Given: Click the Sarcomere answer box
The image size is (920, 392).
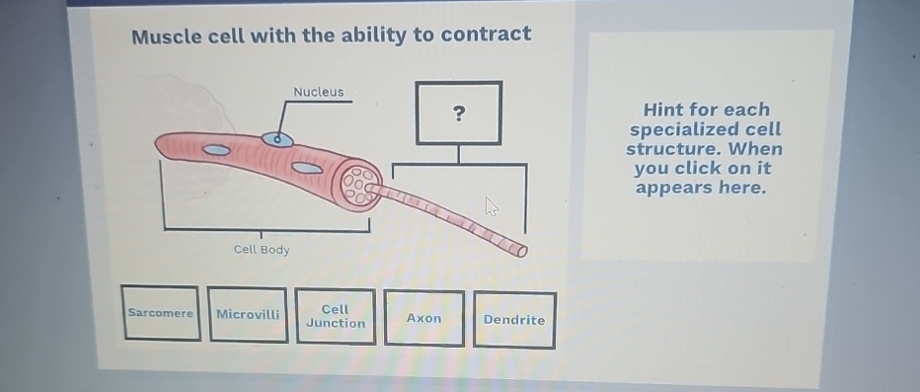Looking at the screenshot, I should click(x=161, y=313).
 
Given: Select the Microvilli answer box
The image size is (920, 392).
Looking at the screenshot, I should click(x=248, y=314).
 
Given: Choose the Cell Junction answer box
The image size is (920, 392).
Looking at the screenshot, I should click(x=336, y=316).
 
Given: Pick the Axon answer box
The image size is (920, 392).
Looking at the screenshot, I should click(x=423, y=318).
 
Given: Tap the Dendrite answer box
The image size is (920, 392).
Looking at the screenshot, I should click(x=513, y=320).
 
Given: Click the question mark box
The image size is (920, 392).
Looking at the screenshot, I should click(x=458, y=113).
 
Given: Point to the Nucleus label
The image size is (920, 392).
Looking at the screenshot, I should click(x=319, y=92).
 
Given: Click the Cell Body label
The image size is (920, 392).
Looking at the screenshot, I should click(x=262, y=250).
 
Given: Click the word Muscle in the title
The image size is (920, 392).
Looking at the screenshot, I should click(x=170, y=37).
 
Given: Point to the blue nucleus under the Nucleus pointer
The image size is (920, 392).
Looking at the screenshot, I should click(x=277, y=139).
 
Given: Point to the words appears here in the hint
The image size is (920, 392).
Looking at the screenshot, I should click(x=700, y=188).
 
